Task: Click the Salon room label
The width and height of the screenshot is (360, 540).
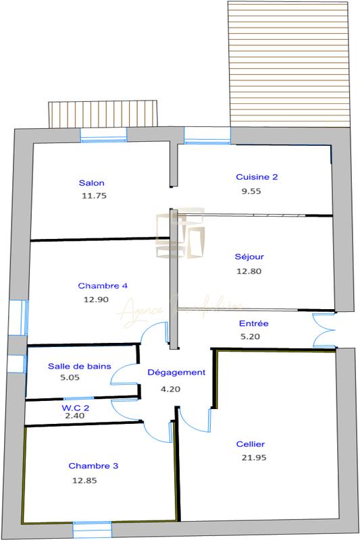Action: (x=91, y=183)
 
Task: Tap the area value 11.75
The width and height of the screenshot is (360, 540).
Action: (x=94, y=196)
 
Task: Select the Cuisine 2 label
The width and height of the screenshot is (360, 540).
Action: (x=257, y=177)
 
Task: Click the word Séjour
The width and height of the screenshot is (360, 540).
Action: (x=249, y=256)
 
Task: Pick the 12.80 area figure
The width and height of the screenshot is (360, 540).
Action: (x=248, y=271)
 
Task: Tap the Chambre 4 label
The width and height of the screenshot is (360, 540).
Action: (x=103, y=286)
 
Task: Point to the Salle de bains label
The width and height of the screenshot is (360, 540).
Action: (x=80, y=366)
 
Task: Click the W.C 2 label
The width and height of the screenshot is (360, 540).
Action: (x=76, y=407)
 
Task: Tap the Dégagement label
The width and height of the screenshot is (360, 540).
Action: (x=176, y=373)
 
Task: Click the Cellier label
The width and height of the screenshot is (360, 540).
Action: (x=251, y=443)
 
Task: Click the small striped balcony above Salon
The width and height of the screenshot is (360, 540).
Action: (x=103, y=114)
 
